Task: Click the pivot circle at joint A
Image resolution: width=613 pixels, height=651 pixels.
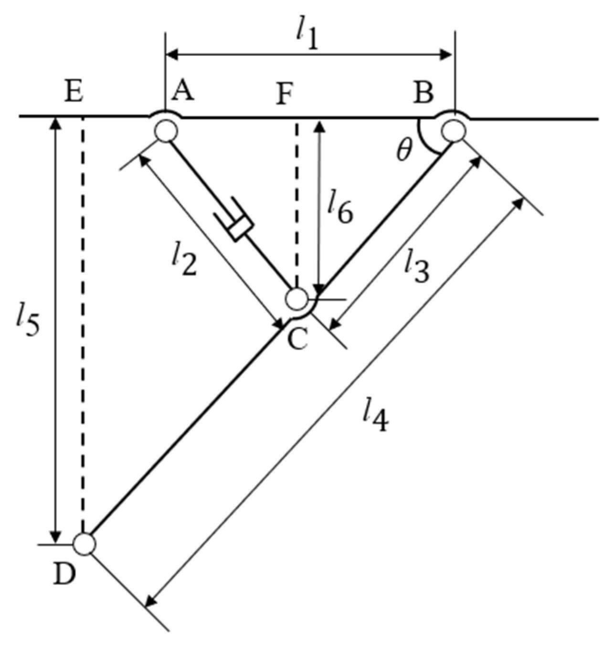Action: click(x=166, y=131)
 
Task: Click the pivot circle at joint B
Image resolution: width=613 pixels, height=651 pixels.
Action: click(x=453, y=131)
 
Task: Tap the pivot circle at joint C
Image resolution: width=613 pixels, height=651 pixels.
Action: click(x=297, y=300)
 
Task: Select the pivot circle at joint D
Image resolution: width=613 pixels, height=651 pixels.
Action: click(x=85, y=544)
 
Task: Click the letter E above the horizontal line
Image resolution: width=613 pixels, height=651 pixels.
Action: click(x=74, y=92)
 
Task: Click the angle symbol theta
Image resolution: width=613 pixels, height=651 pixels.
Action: click(x=404, y=151)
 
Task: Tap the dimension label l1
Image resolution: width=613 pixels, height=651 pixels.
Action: click(x=307, y=36)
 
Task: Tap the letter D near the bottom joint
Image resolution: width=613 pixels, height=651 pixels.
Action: click(x=64, y=575)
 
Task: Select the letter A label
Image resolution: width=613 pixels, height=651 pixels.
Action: click(x=183, y=91)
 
